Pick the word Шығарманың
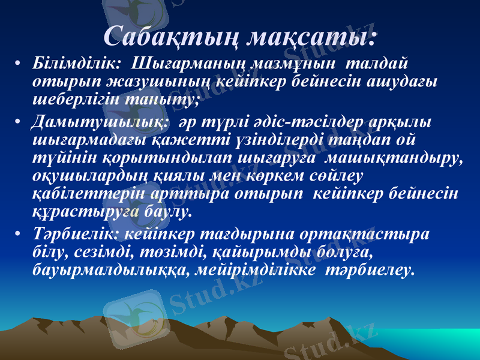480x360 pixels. pos(187,62)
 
